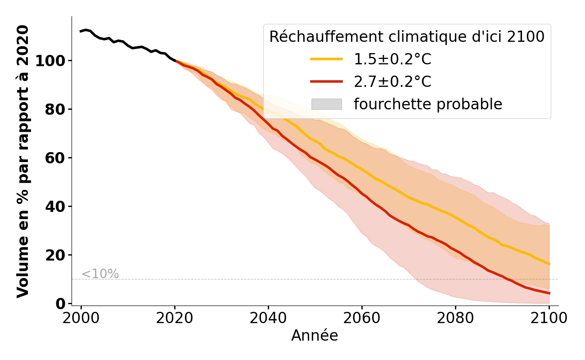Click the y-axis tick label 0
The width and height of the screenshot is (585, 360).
click(x=61, y=304)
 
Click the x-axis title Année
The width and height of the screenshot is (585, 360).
click(x=315, y=336)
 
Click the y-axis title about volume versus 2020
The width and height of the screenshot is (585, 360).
click(x=23, y=161)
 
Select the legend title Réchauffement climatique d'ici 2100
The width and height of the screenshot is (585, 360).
click(x=407, y=37)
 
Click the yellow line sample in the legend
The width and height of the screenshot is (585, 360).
click(x=327, y=59)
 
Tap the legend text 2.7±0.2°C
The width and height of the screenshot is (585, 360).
click(x=392, y=82)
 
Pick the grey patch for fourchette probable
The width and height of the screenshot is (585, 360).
click(x=327, y=104)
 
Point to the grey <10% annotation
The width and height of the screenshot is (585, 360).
click(x=100, y=274)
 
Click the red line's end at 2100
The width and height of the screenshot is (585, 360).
click(x=549, y=293)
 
